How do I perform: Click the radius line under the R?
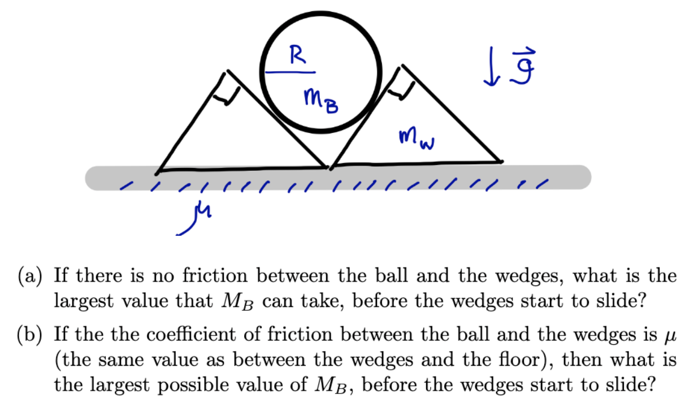[287, 72]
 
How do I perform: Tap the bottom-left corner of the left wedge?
[158, 170]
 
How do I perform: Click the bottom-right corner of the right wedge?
[500, 162]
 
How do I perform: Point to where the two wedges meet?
[329, 167]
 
